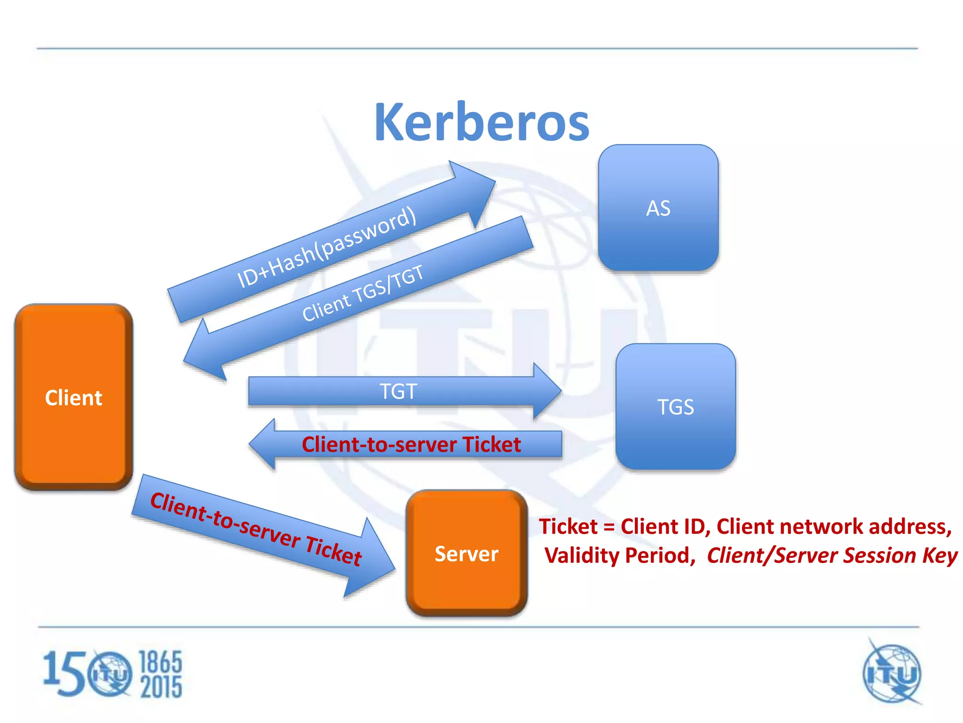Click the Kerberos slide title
[x=481, y=122]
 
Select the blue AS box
[x=658, y=208]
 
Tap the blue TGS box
[x=675, y=407]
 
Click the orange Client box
[x=73, y=397]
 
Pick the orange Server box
[x=466, y=554]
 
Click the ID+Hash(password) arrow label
[x=326, y=247]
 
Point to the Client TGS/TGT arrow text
[x=363, y=293]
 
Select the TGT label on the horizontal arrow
[x=398, y=391]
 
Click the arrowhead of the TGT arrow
[x=548, y=391]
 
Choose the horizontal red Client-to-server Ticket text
[x=411, y=444]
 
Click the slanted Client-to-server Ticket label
[x=256, y=529]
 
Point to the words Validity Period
[x=619, y=555]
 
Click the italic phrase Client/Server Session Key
[x=831, y=555]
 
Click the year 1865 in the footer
[x=160, y=662]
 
